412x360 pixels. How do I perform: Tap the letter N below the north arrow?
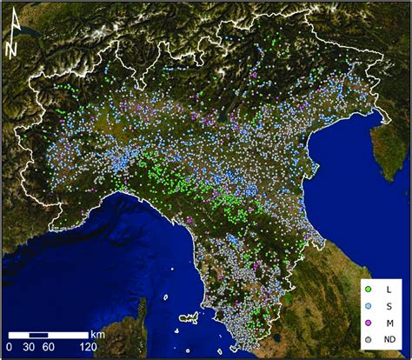pyautogui.click(x=11, y=50)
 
